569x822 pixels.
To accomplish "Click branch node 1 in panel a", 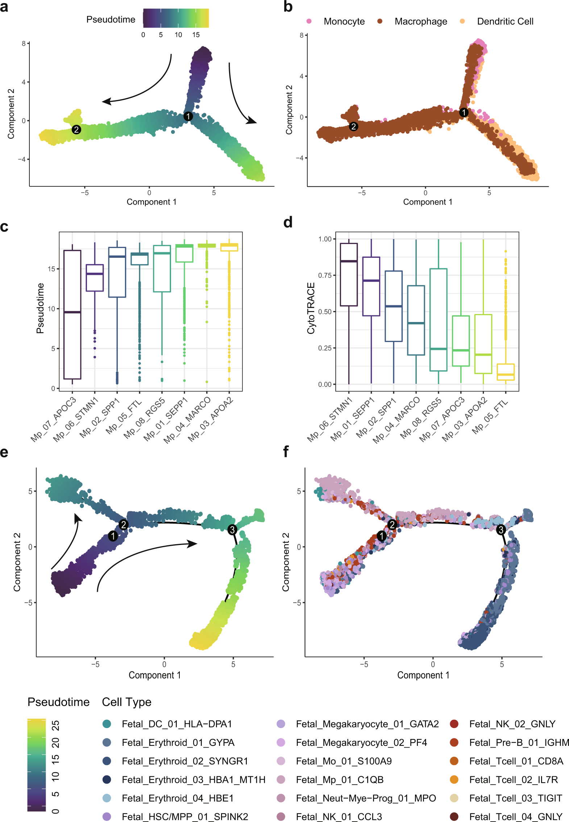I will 188,116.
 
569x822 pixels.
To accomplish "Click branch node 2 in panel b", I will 353,127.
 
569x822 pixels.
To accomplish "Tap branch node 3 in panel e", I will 232,530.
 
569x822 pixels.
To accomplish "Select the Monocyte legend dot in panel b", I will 309,21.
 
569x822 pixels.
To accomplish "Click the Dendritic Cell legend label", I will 505,21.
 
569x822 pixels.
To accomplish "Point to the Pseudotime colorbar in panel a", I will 176,18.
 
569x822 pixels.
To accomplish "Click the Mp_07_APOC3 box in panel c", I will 72,314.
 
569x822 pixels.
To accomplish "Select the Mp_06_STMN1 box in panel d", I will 349,274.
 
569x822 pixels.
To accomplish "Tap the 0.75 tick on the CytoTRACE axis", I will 325,276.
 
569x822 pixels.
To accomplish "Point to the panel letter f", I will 286,452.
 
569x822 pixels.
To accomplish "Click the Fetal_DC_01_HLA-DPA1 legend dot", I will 107,724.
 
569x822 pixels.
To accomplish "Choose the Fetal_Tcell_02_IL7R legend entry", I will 513,780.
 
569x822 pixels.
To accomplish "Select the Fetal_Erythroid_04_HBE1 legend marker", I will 107,798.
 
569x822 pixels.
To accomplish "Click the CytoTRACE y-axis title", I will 311,308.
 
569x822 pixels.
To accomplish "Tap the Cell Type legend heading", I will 126,702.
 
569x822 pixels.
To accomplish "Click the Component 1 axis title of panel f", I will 423,675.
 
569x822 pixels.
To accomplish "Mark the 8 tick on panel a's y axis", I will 24,44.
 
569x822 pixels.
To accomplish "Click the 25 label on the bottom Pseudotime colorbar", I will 55,726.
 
